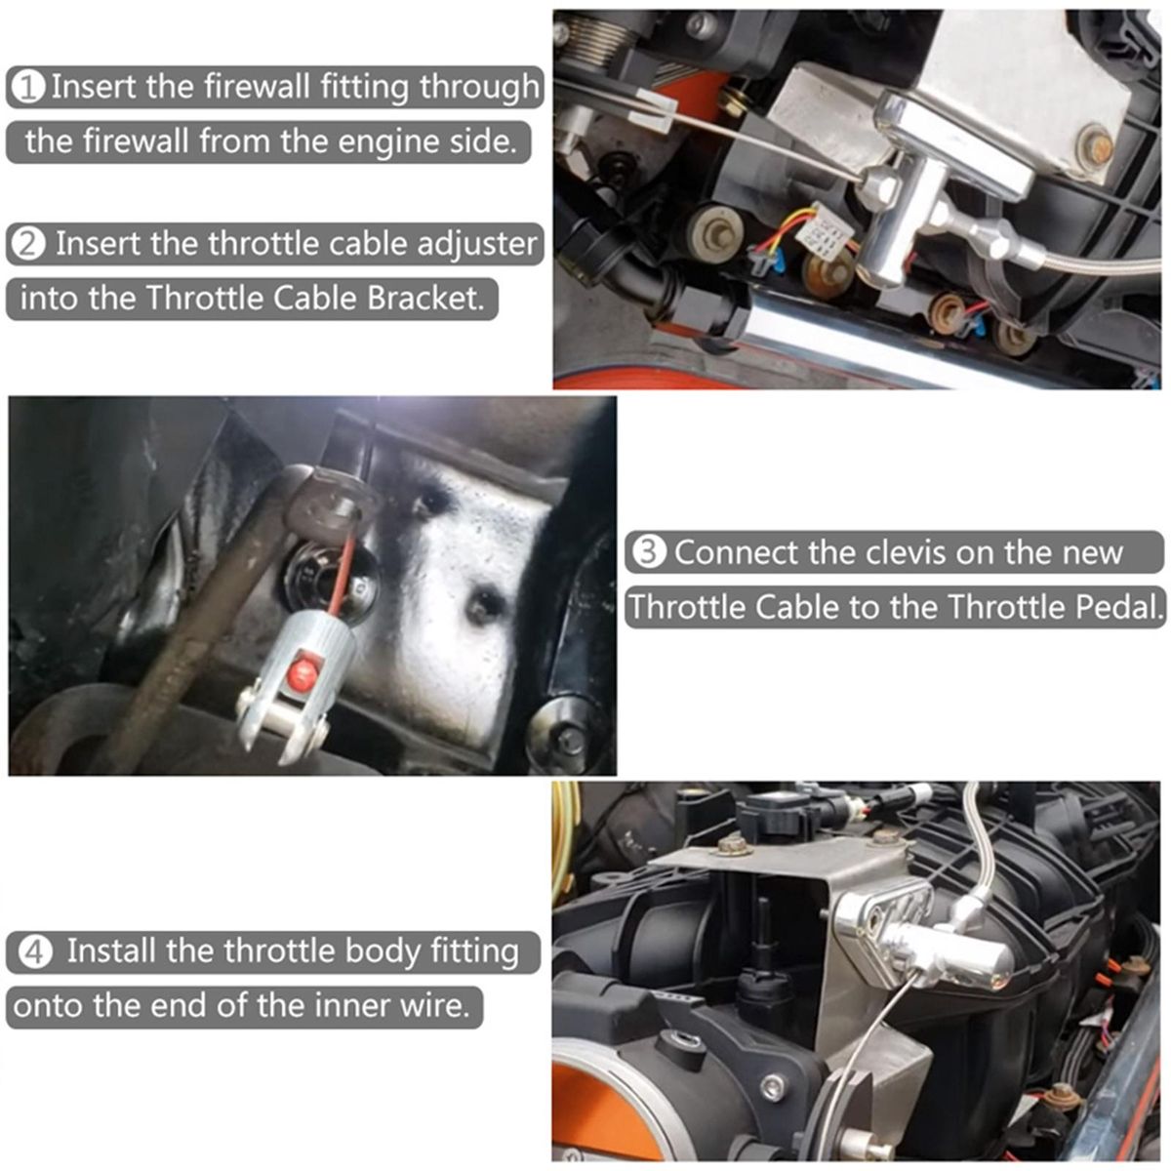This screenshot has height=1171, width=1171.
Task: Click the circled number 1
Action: coord(29,88)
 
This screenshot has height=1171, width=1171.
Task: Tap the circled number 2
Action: coord(28,245)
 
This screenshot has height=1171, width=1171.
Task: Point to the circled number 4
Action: coord(34,952)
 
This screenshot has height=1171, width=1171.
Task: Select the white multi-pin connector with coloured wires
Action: coord(828,229)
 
